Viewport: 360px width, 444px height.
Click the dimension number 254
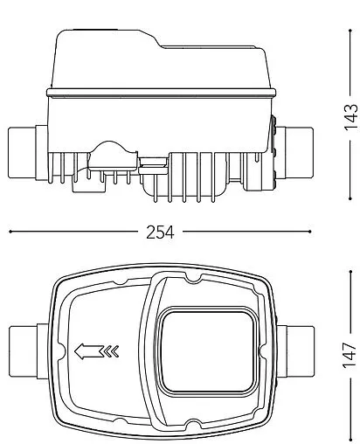tap(160, 232)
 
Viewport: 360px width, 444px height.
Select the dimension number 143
tap(350, 117)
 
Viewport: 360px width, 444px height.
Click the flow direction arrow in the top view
tap(89, 351)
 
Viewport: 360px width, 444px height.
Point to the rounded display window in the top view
tap(207, 351)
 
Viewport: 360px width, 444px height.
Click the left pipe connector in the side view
tap(28, 152)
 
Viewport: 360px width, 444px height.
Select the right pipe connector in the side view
tap(294, 153)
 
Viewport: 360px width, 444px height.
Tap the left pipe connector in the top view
tap(29, 351)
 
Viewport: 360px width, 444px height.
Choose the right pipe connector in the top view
tap(295, 351)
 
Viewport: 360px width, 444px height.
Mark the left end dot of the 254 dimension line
tap(10, 232)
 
